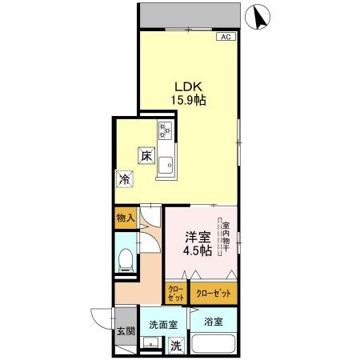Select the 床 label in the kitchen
146,156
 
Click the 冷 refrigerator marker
125,179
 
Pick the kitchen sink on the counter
166,166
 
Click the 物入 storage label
124,218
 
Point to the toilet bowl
123,260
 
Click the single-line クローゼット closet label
214,292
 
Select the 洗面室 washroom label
162,326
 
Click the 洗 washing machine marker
176,347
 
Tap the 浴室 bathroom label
212,322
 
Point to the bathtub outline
212,347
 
